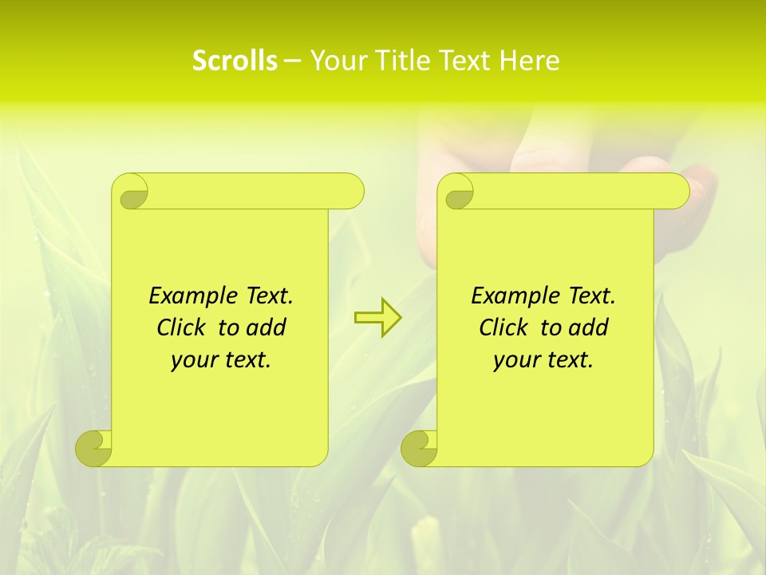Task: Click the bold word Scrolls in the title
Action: pyautogui.click(x=235, y=61)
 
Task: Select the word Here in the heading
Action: pyautogui.click(x=529, y=61)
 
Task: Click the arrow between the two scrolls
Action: pyautogui.click(x=377, y=317)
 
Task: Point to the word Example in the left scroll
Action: pyautogui.click(x=185, y=296)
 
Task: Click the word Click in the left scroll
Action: pyautogui.click(x=184, y=327)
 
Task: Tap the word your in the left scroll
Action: pyautogui.click(x=194, y=360)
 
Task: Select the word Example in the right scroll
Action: pyautogui.click(x=507, y=296)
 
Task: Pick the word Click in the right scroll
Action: pyautogui.click(x=506, y=327)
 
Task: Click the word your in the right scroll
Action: pyautogui.click(x=516, y=360)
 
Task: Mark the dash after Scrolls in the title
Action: pyautogui.click(x=292, y=61)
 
